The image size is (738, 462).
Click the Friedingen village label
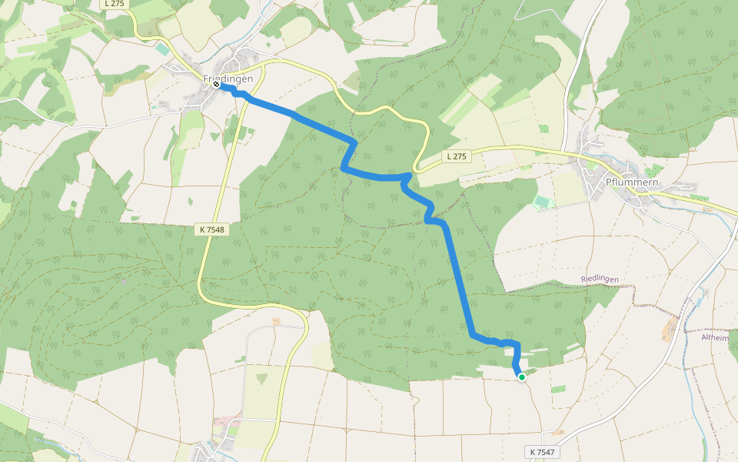click(228, 79)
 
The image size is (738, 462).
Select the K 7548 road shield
click(211, 229)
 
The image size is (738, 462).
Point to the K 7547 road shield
click(543, 451)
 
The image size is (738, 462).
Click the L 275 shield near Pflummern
click(456, 156)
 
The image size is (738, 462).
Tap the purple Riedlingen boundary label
click(600, 279)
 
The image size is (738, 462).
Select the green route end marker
click(522, 377)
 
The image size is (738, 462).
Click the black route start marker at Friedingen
click(218, 85)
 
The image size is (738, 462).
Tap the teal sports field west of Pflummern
click(543, 202)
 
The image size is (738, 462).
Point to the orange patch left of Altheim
click(670, 329)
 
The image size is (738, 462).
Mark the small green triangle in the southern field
click(262, 378)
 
